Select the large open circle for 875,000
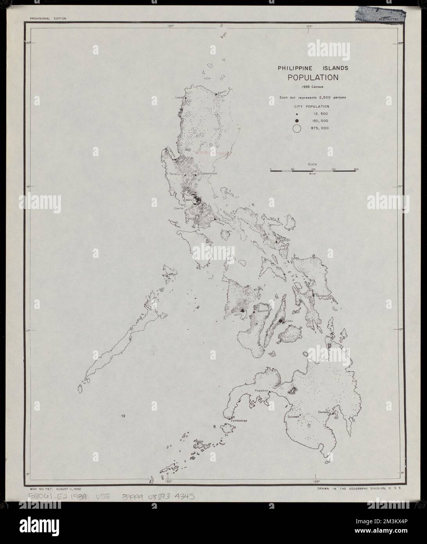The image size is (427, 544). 297,128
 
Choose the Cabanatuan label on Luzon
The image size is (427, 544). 208,173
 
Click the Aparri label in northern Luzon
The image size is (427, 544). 223,93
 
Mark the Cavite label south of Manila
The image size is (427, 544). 179,209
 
